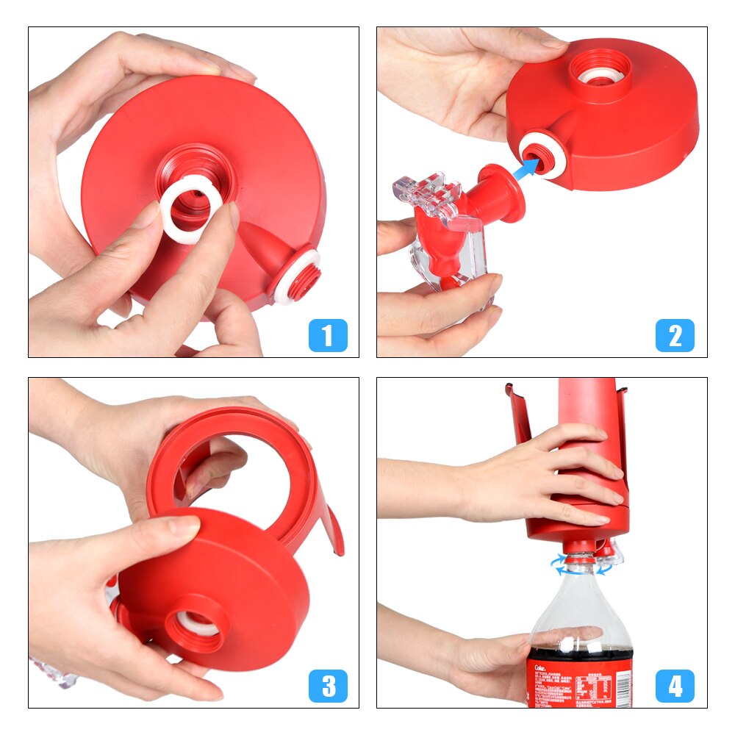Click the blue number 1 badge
328,336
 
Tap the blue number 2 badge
675,336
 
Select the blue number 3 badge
328,686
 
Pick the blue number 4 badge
675,686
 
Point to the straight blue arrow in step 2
523,171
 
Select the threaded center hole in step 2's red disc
600,73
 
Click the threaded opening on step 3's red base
193,625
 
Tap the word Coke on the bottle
537,660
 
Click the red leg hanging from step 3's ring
333,529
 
